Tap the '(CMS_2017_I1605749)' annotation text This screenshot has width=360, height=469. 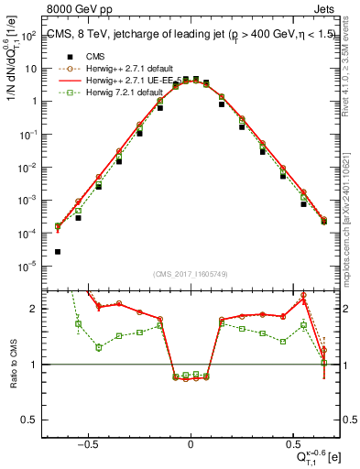coord(191,275)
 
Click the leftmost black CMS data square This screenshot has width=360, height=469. coord(58,251)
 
